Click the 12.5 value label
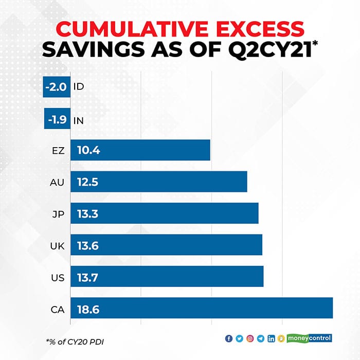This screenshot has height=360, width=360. [88, 182]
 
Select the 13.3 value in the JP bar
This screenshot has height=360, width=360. [88, 214]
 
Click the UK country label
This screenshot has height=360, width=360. [58, 246]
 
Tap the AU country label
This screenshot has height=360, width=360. [58, 182]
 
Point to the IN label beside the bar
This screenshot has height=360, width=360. [79, 119]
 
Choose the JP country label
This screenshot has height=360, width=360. [59, 214]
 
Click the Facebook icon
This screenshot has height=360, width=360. [229, 338]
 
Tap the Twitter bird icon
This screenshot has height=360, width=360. [239, 338]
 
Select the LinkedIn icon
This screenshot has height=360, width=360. [271, 338]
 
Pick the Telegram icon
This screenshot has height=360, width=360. [260, 338]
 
